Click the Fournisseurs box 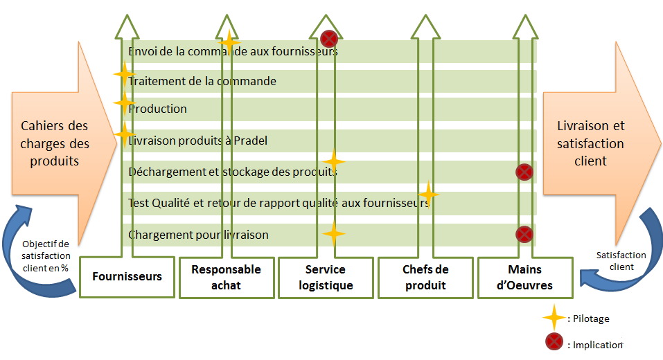pyautogui.click(x=127, y=276)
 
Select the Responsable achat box pyautogui.click(x=226, y=277)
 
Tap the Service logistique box pyautogui.click(x=325, y=277)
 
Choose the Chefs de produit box pyautogui.click(x=425, y=277)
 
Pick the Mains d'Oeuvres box pyautogui.click(x=524, y=277)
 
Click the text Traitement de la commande pyautogui.click(x=202, y=81)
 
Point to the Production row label pyautogui.click(x=158, y=109)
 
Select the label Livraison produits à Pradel pyautogui.click(x=198, y=141)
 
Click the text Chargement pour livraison pyautogui.click(x=198, y=235)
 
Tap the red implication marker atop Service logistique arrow pyautogui.click(x=329, y=38)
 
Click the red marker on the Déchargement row pyautogui.click(x=524, y=171)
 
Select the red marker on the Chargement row pyautogui.click(x=524, y=234)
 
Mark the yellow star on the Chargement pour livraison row pyautogui.click(x=333, y=234)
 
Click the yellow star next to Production pyautogui.click(x=125, y=103)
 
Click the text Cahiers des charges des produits pyautogui.click(x=55, y=143)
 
